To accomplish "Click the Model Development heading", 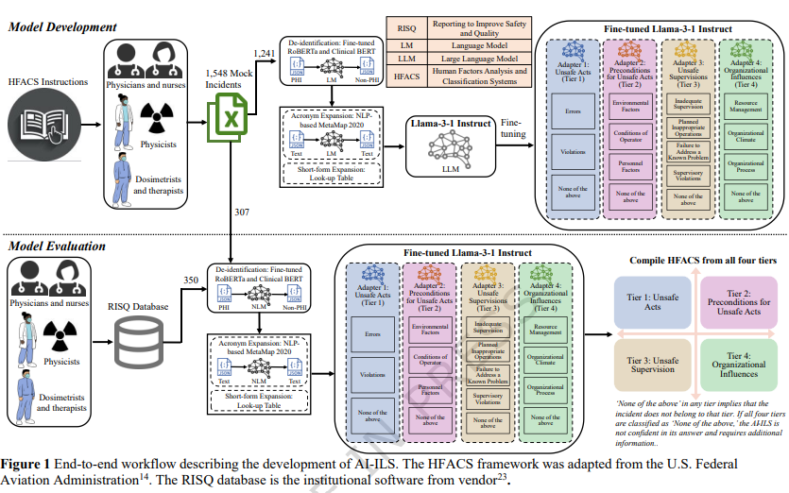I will pyautogui.click(x=62, y=26).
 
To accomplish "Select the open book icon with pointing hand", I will pyautogui.click(x=47, y=126).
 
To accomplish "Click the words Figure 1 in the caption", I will pyautogui.click(x=27, y=464).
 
